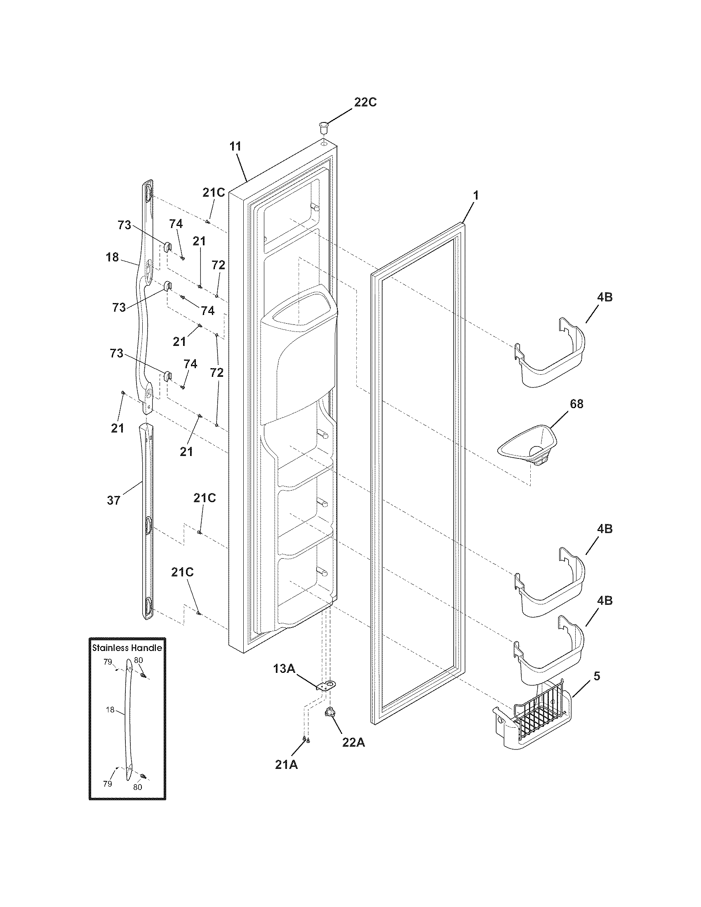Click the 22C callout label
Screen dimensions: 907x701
365,102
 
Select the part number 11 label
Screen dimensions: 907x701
235,147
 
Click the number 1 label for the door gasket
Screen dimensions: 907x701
476,195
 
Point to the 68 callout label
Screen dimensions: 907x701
576,404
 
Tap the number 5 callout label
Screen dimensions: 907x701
596,676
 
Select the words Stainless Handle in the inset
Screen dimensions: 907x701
127,647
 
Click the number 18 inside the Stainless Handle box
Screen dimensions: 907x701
110,710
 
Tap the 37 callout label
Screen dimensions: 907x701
113,500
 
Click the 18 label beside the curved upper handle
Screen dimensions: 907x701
112,258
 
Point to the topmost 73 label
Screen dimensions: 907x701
124,225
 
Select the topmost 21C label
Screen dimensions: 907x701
214,192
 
